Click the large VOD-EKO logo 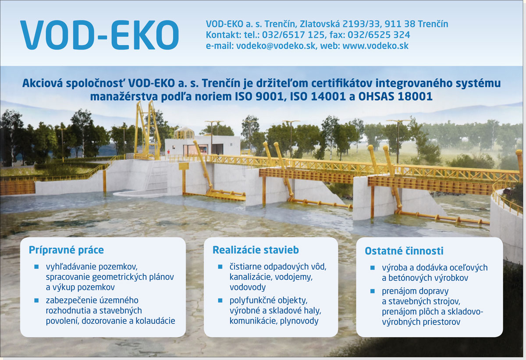(x=100, y=35)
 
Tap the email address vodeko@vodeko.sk (x=276, y=46)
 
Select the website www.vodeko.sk (x=376, y=46)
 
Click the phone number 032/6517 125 (x=293, y=35)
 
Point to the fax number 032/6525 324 (x=379, y=35)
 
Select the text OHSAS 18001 (x=395, y=96)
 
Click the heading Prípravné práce (x=66, y=250)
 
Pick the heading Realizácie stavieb (x=256, y=250)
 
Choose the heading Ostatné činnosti (x=404, y=251)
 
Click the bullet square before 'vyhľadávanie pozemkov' (x=36, y=267)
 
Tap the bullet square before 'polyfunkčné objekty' (x=220, y=300)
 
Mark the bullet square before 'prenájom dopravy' (x=373, y=291)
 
